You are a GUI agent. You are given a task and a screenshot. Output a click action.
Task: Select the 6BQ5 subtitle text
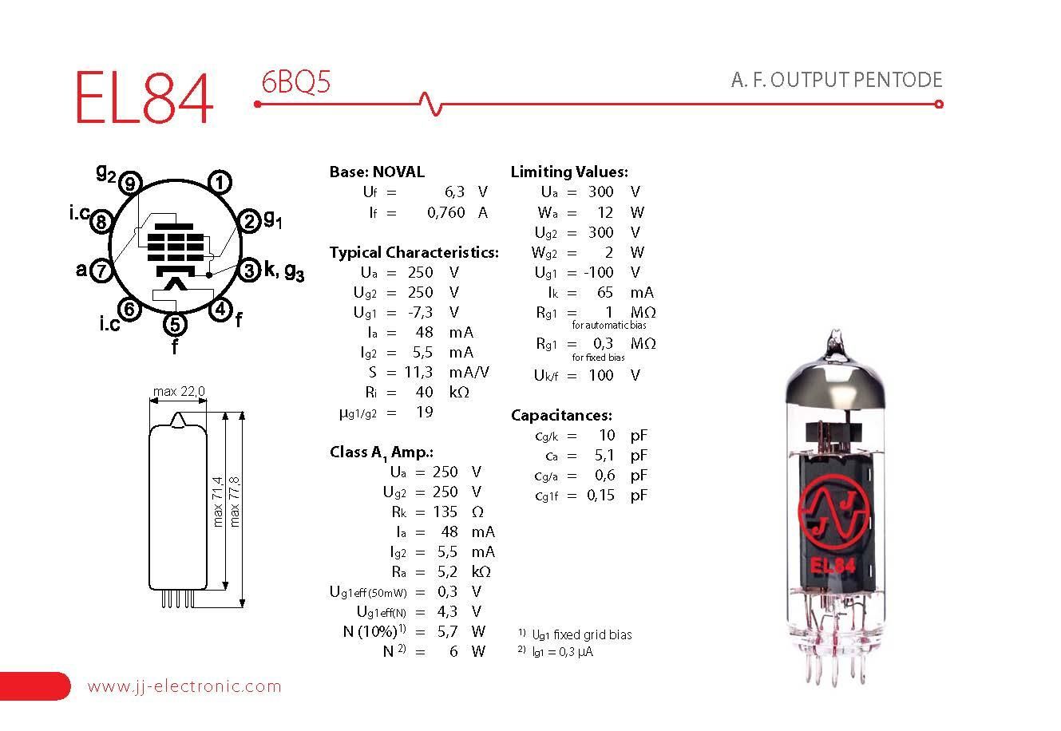295,82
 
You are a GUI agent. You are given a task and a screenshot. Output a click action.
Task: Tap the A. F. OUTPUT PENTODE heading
836,80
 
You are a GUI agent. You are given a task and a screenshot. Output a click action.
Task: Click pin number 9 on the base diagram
132,184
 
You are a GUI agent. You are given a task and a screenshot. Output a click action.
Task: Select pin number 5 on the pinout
175,324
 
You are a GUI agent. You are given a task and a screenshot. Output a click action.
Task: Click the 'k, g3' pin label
283,271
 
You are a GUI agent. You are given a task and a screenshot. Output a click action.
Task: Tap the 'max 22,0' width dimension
179,391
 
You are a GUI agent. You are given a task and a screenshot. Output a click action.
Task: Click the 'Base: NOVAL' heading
377,172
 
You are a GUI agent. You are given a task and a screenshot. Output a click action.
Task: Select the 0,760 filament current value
446,212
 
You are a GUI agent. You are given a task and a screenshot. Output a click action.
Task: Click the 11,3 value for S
418,372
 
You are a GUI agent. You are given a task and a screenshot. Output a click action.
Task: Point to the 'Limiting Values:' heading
568,172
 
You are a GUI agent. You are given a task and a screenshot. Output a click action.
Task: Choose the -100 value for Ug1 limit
598,272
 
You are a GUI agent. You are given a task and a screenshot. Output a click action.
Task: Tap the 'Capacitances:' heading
561,415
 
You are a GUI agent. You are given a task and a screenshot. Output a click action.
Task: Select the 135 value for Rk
445,512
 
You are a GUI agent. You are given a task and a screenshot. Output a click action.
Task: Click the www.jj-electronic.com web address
184,686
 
